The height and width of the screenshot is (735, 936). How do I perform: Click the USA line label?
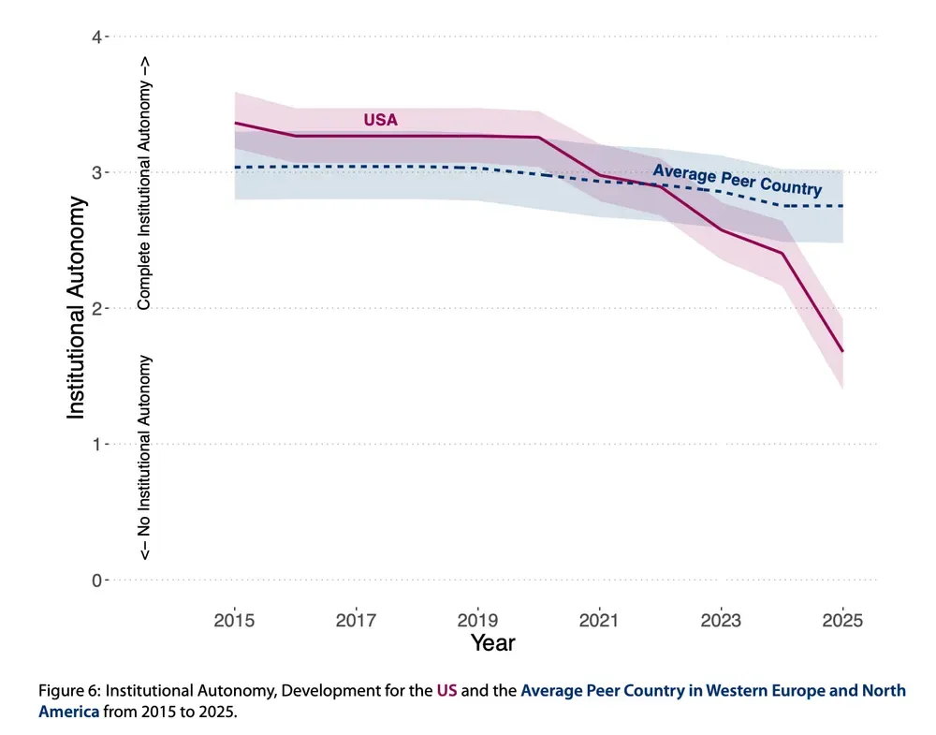click(381, 120)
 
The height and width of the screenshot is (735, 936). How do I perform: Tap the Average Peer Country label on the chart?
click(737, 180)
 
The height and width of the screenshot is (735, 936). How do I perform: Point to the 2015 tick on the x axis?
click(234, 620)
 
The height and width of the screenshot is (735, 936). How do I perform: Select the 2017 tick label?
click(356, 620)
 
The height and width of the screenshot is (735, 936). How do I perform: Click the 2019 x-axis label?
click(477, 620)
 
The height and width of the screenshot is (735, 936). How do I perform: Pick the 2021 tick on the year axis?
click(599, 620)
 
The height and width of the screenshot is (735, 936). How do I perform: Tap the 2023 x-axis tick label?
click(721, 620)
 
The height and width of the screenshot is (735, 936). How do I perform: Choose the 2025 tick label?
click(842, 620)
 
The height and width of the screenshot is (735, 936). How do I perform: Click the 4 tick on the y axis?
click(96, 37)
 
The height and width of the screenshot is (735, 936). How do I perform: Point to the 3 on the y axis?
click(96, 172)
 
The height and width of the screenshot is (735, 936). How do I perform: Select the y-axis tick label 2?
click(96, 308)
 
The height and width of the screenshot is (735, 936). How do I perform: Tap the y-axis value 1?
click(96, 444)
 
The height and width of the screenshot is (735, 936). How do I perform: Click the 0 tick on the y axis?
click(96, 580)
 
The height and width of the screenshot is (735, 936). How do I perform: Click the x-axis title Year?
click(492, 643)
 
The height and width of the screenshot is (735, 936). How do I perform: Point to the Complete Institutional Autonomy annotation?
click(144, 183)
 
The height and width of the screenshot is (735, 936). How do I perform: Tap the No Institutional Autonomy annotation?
click(144, 457)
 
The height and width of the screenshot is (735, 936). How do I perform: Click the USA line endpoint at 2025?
click(842, 351)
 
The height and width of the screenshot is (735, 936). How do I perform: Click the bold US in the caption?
click(446, 691)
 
